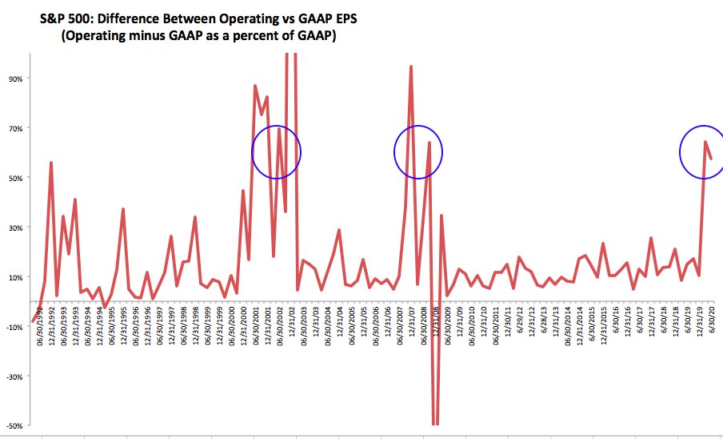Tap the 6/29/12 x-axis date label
pyautogui.click(x=519, y=331)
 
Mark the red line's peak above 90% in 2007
pyautogui.click(x=411, y=66)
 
